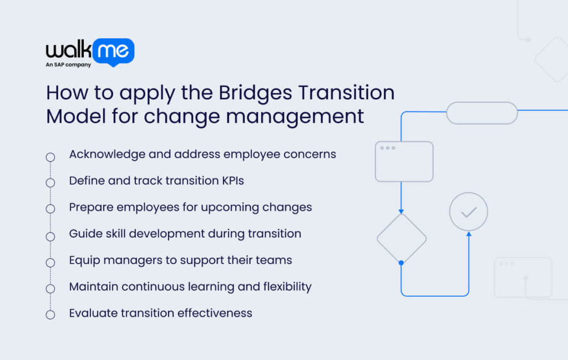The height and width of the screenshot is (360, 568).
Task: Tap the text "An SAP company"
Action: [x=68, y=65]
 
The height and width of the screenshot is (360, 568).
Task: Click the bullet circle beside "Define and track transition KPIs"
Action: [x=50, y=183]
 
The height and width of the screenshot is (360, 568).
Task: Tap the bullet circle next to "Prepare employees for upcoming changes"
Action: [x=50, y=209]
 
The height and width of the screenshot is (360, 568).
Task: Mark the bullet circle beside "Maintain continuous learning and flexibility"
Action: [x=50, y=288]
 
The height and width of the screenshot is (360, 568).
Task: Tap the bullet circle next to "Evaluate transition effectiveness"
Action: [x=50, y=315]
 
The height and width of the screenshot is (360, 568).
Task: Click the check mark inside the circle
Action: [x=469, y=212]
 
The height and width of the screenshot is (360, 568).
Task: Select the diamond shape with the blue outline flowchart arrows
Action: [x=402, y=239]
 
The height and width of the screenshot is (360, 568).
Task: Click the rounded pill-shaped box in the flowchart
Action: [x=481, y=113]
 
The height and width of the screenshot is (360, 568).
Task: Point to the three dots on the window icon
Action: [x=387, y=148]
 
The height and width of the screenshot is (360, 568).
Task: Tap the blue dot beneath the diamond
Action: [x=401, y=262]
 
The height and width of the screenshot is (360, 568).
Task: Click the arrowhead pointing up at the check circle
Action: [x=469, y=234]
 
